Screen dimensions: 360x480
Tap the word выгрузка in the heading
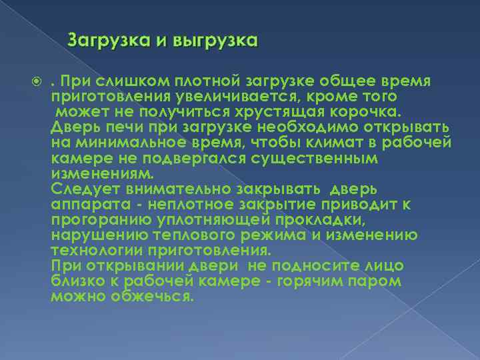point(215,41)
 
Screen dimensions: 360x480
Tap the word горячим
point(322,281)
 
